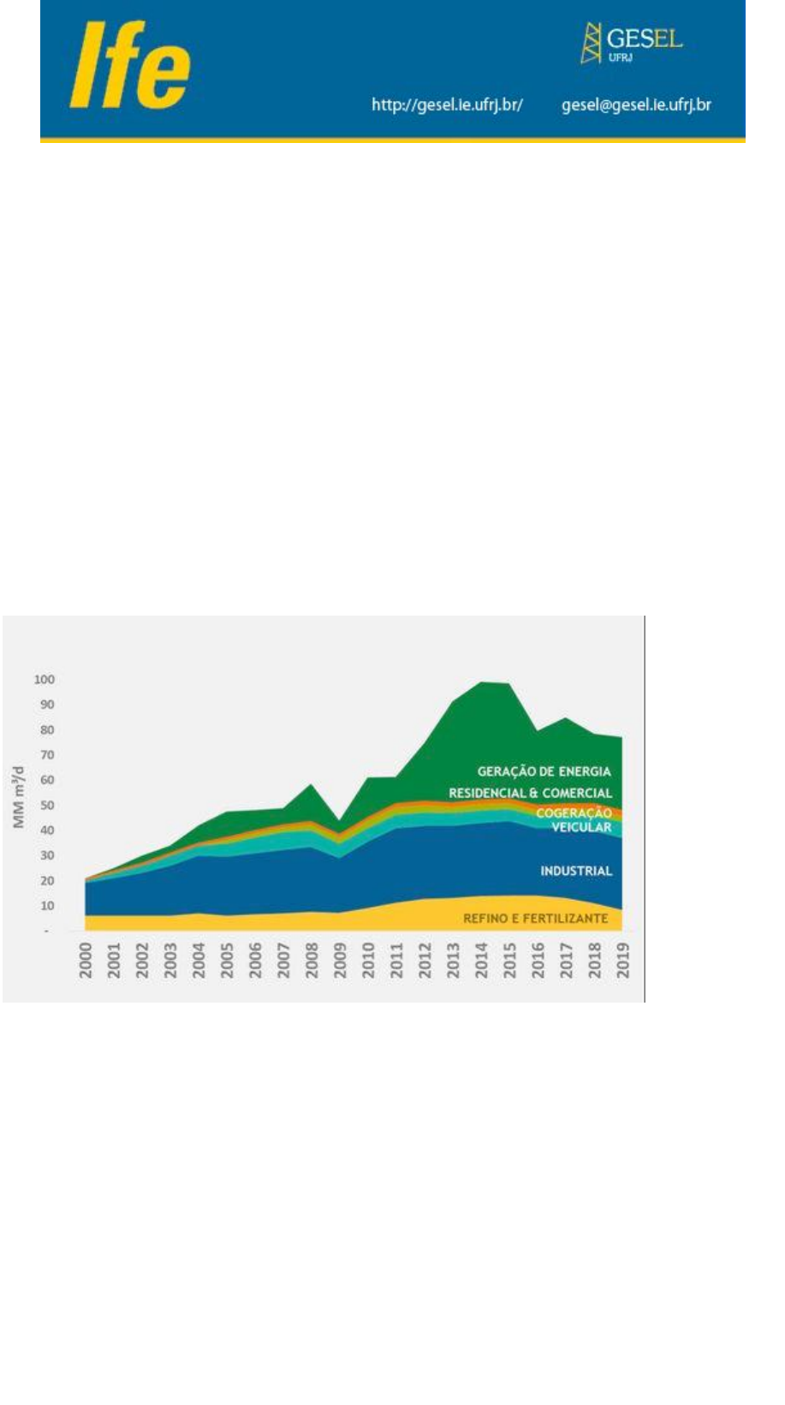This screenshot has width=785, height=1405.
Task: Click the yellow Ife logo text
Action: point(130,66)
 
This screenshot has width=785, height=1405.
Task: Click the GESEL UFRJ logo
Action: point(632,43)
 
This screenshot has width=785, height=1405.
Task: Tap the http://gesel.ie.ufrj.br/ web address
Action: point(447,105)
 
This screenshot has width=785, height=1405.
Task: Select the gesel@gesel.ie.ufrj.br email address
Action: point(636,105)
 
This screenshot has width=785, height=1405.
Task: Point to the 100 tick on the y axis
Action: point(45,680)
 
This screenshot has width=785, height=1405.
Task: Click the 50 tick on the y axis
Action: point(46,806)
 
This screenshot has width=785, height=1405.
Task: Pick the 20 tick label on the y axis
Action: point(46,881)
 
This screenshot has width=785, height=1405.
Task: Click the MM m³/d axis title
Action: point(19,798)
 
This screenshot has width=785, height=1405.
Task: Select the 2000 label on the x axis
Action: point(86,961)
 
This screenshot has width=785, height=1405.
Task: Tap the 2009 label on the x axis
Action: point(340,961)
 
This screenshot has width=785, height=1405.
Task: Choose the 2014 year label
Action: point(481,961)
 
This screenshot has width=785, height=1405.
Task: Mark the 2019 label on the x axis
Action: point(623,961)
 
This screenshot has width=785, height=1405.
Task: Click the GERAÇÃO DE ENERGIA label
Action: point(544,771)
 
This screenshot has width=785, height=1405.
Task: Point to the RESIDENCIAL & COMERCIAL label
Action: point(531,794)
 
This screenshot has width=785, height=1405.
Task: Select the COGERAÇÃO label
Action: point(574,813)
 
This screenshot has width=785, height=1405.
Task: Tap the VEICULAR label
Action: point(581,827)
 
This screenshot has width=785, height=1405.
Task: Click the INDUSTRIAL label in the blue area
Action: point(576,871)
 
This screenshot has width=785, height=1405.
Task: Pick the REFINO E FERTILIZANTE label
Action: point(536,919)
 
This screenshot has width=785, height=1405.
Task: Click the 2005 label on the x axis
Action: point(227,961)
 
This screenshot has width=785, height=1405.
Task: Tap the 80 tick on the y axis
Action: point(46,730)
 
